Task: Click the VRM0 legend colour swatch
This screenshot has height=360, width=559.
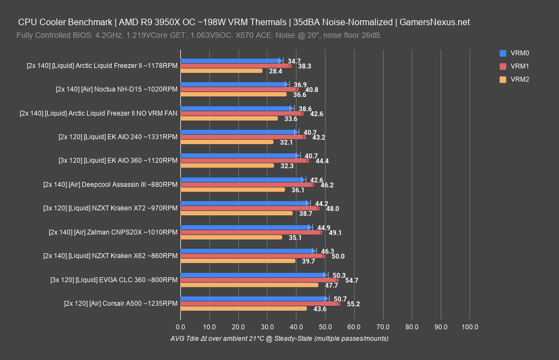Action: [503, 53]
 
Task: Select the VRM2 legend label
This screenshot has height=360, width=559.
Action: [519, 79]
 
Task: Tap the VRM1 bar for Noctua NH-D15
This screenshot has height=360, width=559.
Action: [239, 89]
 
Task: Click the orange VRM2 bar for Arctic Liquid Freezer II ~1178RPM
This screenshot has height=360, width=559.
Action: [221, 71]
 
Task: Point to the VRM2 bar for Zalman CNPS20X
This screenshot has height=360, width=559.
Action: [231, 237]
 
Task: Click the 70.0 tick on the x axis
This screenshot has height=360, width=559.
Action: [383, 327]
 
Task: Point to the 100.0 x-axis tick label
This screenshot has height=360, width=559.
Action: [470, 327]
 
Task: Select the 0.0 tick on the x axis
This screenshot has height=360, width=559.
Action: [181, 327]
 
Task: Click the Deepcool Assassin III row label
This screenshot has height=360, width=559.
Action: [110, 185]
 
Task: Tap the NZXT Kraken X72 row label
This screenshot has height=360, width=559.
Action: [110, 208]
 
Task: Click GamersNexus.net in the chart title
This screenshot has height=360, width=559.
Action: [435, 22]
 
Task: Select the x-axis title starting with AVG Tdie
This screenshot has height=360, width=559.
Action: [279, 339]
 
